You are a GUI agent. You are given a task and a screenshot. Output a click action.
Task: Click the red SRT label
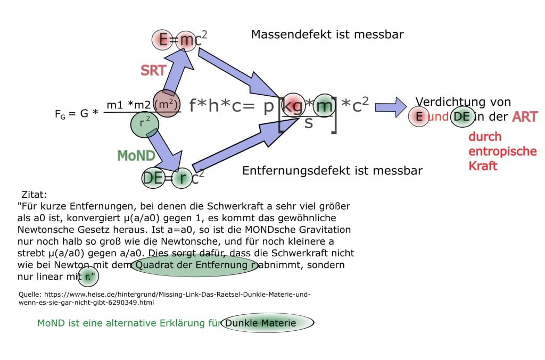click(x=153, y=70)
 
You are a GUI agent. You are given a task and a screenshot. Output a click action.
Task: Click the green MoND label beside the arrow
click(x=136, y=155)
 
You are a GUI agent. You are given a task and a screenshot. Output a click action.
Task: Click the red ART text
click(x=524, y=117)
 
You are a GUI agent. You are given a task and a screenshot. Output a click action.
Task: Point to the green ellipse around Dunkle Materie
click(x=267, y=323)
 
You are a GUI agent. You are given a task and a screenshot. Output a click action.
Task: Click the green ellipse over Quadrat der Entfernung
click(x=195, y=265)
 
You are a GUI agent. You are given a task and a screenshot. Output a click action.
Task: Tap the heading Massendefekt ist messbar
click(x=327, y=35)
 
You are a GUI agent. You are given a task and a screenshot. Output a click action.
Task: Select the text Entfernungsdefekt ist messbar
click(x=332, y=171)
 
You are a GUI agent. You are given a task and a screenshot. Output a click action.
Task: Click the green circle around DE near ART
click(x=462, y=117)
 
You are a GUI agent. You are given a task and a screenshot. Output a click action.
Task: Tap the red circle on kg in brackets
click(x=293, y=106)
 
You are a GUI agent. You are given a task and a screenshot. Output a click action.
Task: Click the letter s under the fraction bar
click(x=309, y=123)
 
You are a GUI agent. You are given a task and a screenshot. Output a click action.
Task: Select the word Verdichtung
click(x=448, y=102)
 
